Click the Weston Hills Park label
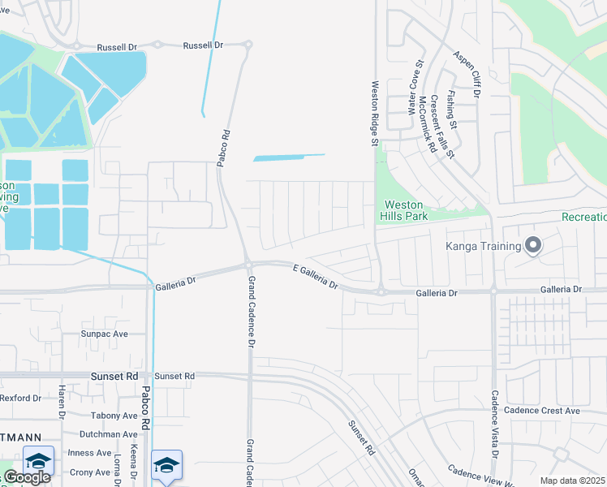point(405,209)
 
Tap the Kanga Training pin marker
point(533,244)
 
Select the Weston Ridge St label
point(375,113)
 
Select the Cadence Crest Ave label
point(541,411)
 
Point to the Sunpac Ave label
point(104,334)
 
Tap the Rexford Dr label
point(20,398)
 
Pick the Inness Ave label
point(90,453)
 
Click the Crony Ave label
point(89,472)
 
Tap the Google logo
point(26,477)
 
